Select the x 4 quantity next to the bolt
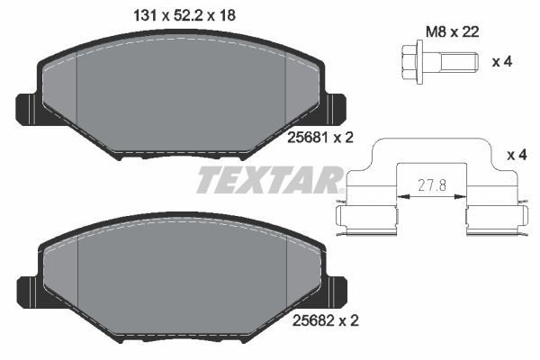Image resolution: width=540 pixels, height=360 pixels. [x=505, y=63]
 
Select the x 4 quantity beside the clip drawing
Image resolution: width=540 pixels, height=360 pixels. [x=517, y=156]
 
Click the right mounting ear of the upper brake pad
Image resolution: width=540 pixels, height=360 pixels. [x=336, y=107]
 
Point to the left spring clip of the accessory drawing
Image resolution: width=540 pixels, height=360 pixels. [x=367, y=217]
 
